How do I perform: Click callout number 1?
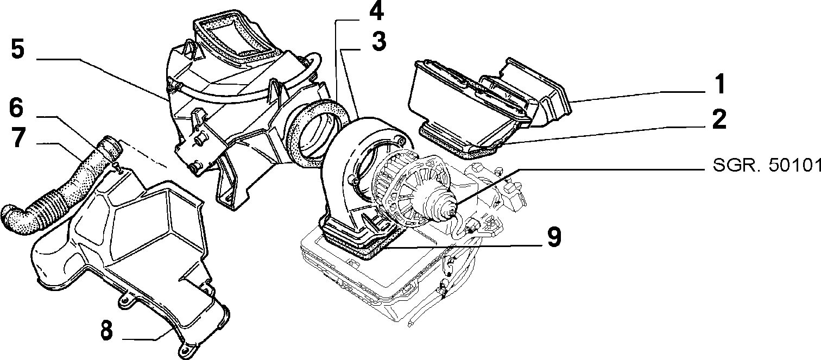[x=720, y=84]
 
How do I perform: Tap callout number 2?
[x=719, y=119]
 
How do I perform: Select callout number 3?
[x=378, y=41]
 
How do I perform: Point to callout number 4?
[x=376, y=11]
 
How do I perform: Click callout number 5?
[x=17, y=49]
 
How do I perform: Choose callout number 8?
[x=106, y=331]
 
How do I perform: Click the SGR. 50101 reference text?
[x=766, y=166]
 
